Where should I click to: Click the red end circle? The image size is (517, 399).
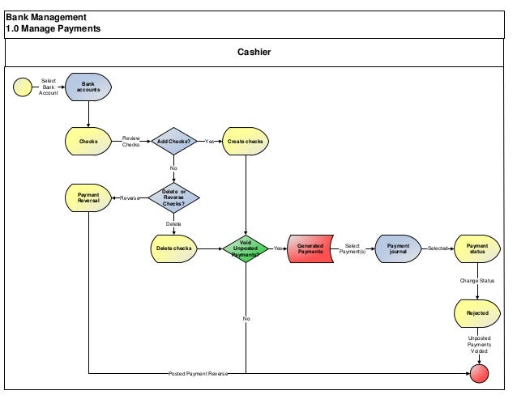point(481,373)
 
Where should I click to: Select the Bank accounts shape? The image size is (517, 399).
point(88,87)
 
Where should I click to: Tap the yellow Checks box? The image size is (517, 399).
point(88,141)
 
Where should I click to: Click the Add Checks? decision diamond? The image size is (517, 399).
point(173,141)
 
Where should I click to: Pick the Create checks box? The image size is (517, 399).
point(246,141)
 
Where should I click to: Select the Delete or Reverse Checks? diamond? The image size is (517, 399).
point(173,197)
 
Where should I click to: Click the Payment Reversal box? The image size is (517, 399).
point(88,197)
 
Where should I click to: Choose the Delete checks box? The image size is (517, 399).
point(173,248)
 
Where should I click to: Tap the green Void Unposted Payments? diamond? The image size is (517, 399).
point(246,248)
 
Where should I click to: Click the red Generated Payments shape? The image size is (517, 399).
point(310,248)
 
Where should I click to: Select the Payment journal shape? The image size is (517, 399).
point(398,248)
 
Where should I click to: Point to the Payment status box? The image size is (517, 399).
point(477,248)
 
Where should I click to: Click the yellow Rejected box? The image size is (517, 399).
point(477,312)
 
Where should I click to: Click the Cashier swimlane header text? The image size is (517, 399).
point(254,53)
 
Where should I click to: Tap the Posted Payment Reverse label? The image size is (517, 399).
point(198,374)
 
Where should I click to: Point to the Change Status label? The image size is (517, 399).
point(477,280)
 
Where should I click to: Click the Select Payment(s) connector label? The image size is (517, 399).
point(352,248)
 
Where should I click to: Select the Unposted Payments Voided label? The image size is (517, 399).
point(478,345)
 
